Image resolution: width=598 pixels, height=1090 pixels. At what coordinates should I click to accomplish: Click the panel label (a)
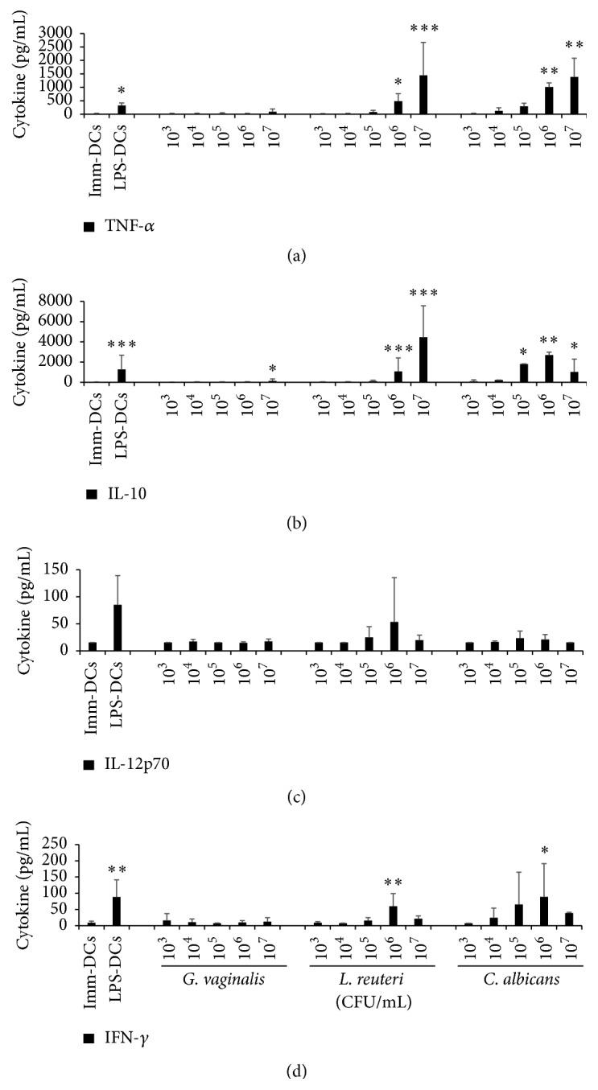[298, 256]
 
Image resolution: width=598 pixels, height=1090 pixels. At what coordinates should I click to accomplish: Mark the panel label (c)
[298, 797]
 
